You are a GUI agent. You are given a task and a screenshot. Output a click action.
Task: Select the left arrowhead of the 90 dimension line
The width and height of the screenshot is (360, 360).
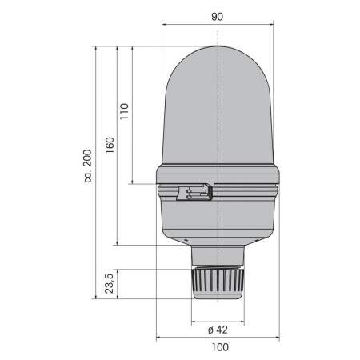[166, 23]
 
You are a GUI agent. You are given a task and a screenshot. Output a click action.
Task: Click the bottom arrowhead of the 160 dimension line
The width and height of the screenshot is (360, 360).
[118, 244]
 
